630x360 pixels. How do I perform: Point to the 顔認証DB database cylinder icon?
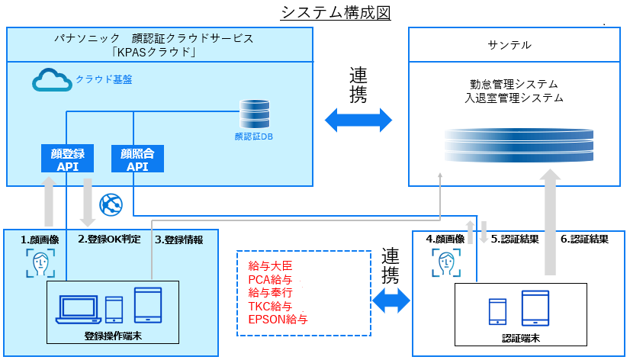pos(252,114)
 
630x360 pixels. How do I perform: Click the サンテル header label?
pos(509,45)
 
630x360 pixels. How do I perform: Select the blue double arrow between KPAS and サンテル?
pos(358,120)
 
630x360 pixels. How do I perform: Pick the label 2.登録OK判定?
pos(110,239)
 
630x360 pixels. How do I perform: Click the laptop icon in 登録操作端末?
pos(80,308)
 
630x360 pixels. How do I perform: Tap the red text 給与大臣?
pos(270,266)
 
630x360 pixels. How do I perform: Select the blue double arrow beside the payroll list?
pos(391,300)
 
